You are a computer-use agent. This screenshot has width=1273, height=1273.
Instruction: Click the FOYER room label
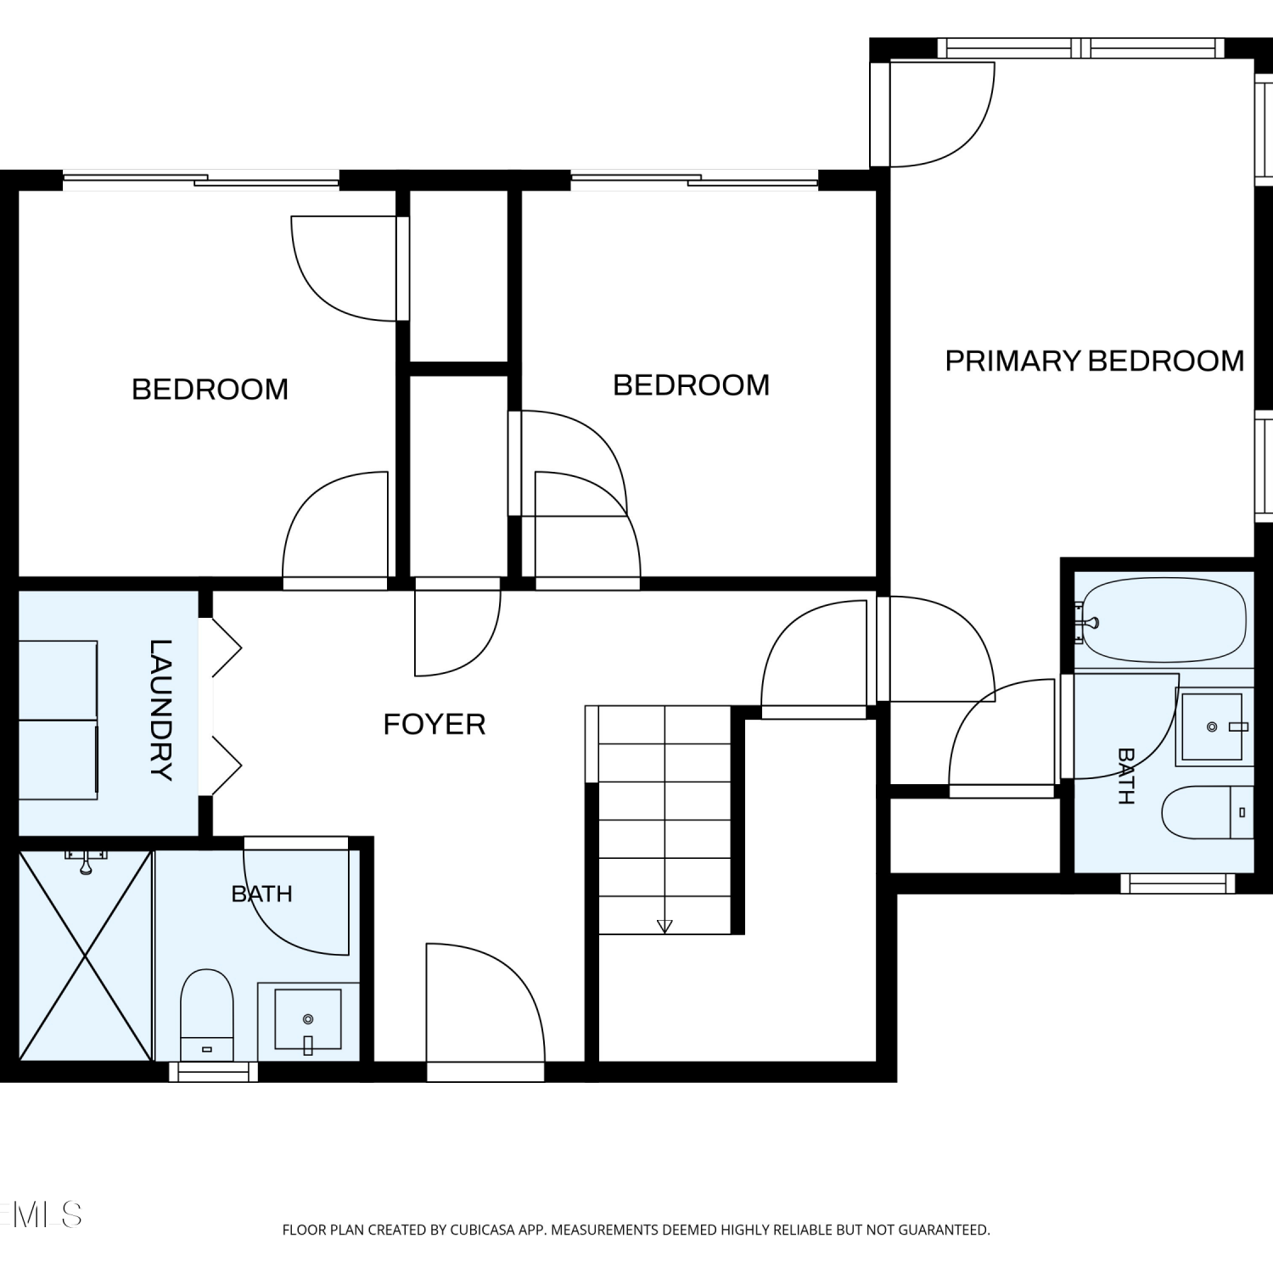pyautogui.click(x=435, y=724)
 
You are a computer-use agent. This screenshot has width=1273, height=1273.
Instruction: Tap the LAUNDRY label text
pyautogui.click(x=160, y=709)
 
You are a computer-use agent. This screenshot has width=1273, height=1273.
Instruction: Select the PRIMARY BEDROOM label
pyautogui.click(x=1095, y=361)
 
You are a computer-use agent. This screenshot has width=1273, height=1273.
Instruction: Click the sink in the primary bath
pyautogui.click(x=1212, y=726)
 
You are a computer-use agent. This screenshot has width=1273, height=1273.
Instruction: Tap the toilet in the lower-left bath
pyautogui.click(x=207, y=1015)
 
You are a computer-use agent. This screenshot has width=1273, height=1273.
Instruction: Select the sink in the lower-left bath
pyautogui.click(x=308, y=1019)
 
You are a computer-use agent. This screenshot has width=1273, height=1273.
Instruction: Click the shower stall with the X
pyautogui.click(x=86, y=956)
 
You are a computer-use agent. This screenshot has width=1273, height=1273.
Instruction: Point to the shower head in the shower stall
pyautogui.click(x=85, y=861)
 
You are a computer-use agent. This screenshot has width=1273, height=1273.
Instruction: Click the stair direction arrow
pyautogui.click(x=665, y=926)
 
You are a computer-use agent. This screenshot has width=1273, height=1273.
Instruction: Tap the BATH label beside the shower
pyautogui.click(x=262, y=894)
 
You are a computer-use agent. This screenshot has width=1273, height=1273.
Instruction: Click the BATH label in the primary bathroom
pyautogui.click(x=1126, y=776)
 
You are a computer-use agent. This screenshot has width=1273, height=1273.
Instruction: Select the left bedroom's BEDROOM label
pyautogui.click(x=210, y=390)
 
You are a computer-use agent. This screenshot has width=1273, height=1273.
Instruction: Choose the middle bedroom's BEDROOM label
pyautogui.click(x=692, y=385)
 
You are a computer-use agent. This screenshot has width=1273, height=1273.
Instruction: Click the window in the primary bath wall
pyautogui.click(x=1178, y=883)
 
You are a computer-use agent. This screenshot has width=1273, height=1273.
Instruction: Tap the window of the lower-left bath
pyautogui.click(x=213, y=1072)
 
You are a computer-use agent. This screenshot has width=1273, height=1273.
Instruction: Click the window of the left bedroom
pyautogui.click(x=201, y=180)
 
